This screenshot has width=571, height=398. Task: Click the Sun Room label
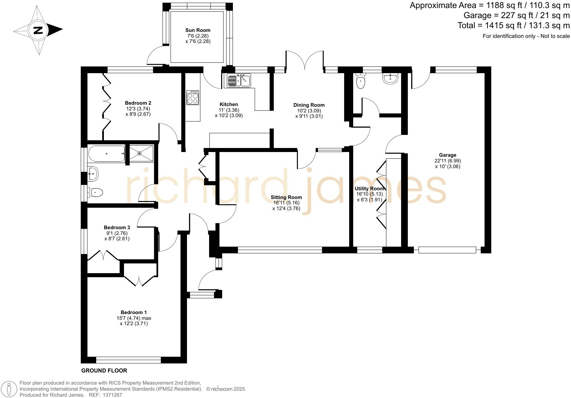click(x=198, y=30)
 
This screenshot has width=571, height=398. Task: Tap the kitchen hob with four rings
click(x=193, y=98)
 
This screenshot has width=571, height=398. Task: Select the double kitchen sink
click(x=239, y=81)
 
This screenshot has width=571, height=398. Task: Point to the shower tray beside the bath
click(x=141, y=153)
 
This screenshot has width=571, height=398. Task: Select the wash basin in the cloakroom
click(x=390, y=79)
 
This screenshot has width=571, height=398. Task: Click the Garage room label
click(x=447, y=155)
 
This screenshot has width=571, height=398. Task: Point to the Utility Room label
click(x=369, y=189)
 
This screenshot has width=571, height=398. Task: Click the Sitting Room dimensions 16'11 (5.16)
click(x=286, y=203)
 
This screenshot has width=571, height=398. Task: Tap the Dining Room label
click(x=309, y=105)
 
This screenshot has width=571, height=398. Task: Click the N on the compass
click(x=38, y=30)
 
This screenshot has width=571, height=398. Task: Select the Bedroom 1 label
click(x=134, y=312)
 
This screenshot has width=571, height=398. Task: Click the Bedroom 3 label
click(x=117, y=228)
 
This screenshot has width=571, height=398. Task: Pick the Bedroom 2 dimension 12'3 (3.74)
click(x=138, y=108)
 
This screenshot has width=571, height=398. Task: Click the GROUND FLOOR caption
click(x=104, y=370)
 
